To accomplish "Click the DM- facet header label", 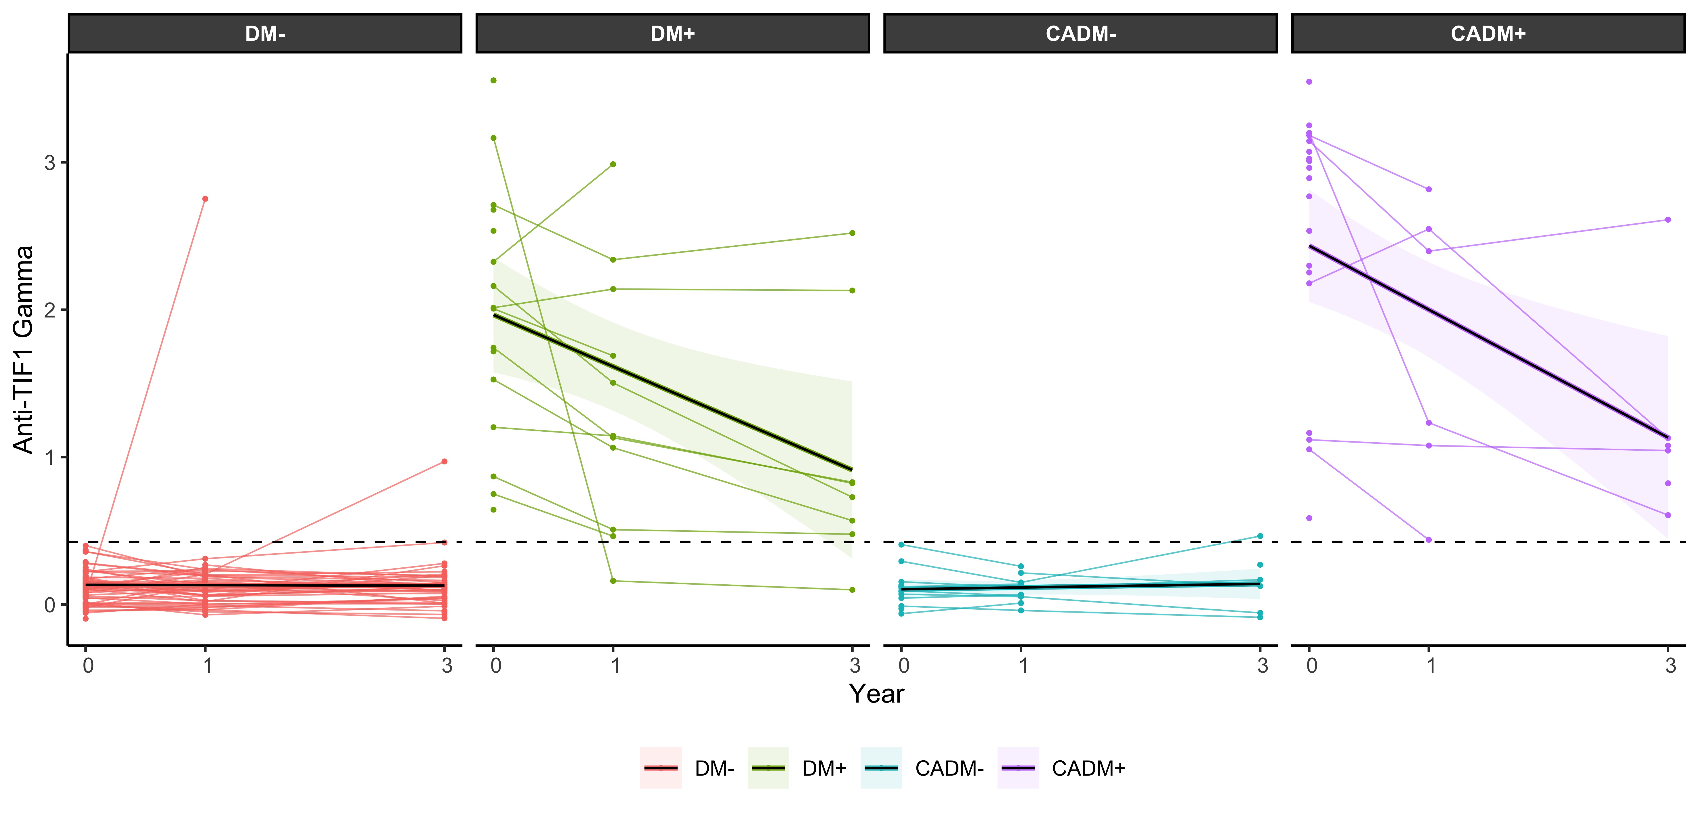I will (x=265, y=34).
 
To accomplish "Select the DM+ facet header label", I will (x=673, y=34).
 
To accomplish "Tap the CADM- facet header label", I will (x=1080, y=34).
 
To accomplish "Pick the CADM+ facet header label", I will (x=1488, y=34).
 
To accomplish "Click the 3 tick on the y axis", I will (x=50, y=163).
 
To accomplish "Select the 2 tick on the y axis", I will (x=50, y=310).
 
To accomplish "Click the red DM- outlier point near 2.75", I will (x=205, y=198).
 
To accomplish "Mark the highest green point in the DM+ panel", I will (x=493, y=81).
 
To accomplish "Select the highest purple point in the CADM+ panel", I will (x=1309, y=82).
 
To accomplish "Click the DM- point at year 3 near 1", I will (x=445, y=462).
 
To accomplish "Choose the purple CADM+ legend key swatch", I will (x=1018, y=768).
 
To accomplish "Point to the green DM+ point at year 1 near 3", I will (x=613, y=164).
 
